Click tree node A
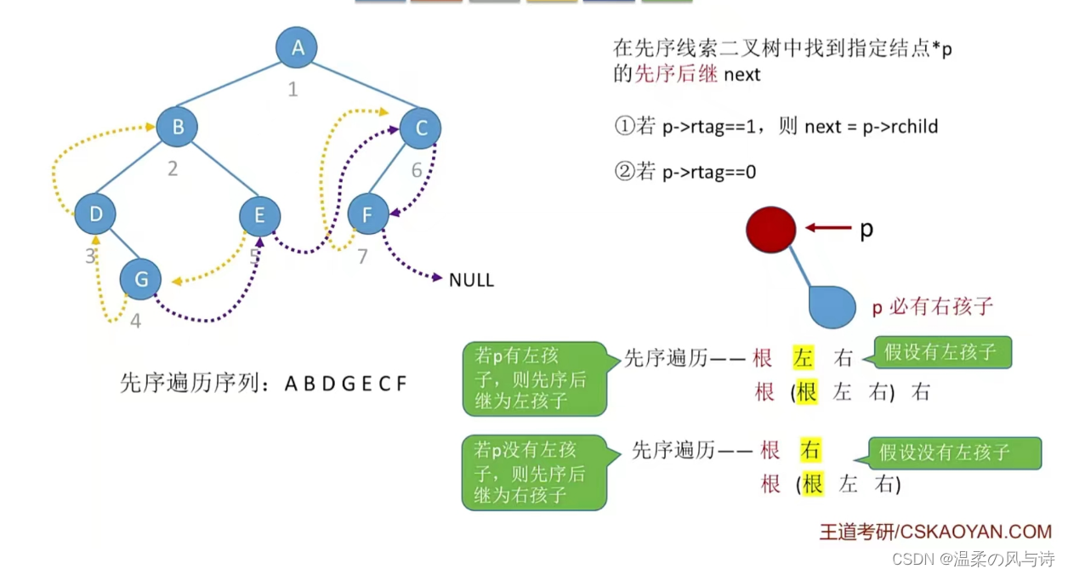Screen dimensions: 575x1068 click(297, 48)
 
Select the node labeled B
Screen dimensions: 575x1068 click(177, 128)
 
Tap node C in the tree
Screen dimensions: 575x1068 click(420, 128)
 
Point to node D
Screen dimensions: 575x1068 click(95, 214)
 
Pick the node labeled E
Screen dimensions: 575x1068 click(259, 215)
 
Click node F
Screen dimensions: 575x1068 click(367, 214)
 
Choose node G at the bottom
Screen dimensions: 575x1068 click(140, 278)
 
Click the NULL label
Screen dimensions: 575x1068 click(471, 280)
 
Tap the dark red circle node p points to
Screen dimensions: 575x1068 click(770, 229)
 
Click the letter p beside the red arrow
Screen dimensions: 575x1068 click(866, 228)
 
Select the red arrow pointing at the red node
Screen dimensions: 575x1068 click(827, 227)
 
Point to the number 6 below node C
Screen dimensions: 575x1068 click(417, 170)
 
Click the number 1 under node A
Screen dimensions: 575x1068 click(293, 89)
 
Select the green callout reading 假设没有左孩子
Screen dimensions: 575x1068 click(954, 453)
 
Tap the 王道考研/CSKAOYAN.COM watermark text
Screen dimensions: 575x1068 click(935, 532)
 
